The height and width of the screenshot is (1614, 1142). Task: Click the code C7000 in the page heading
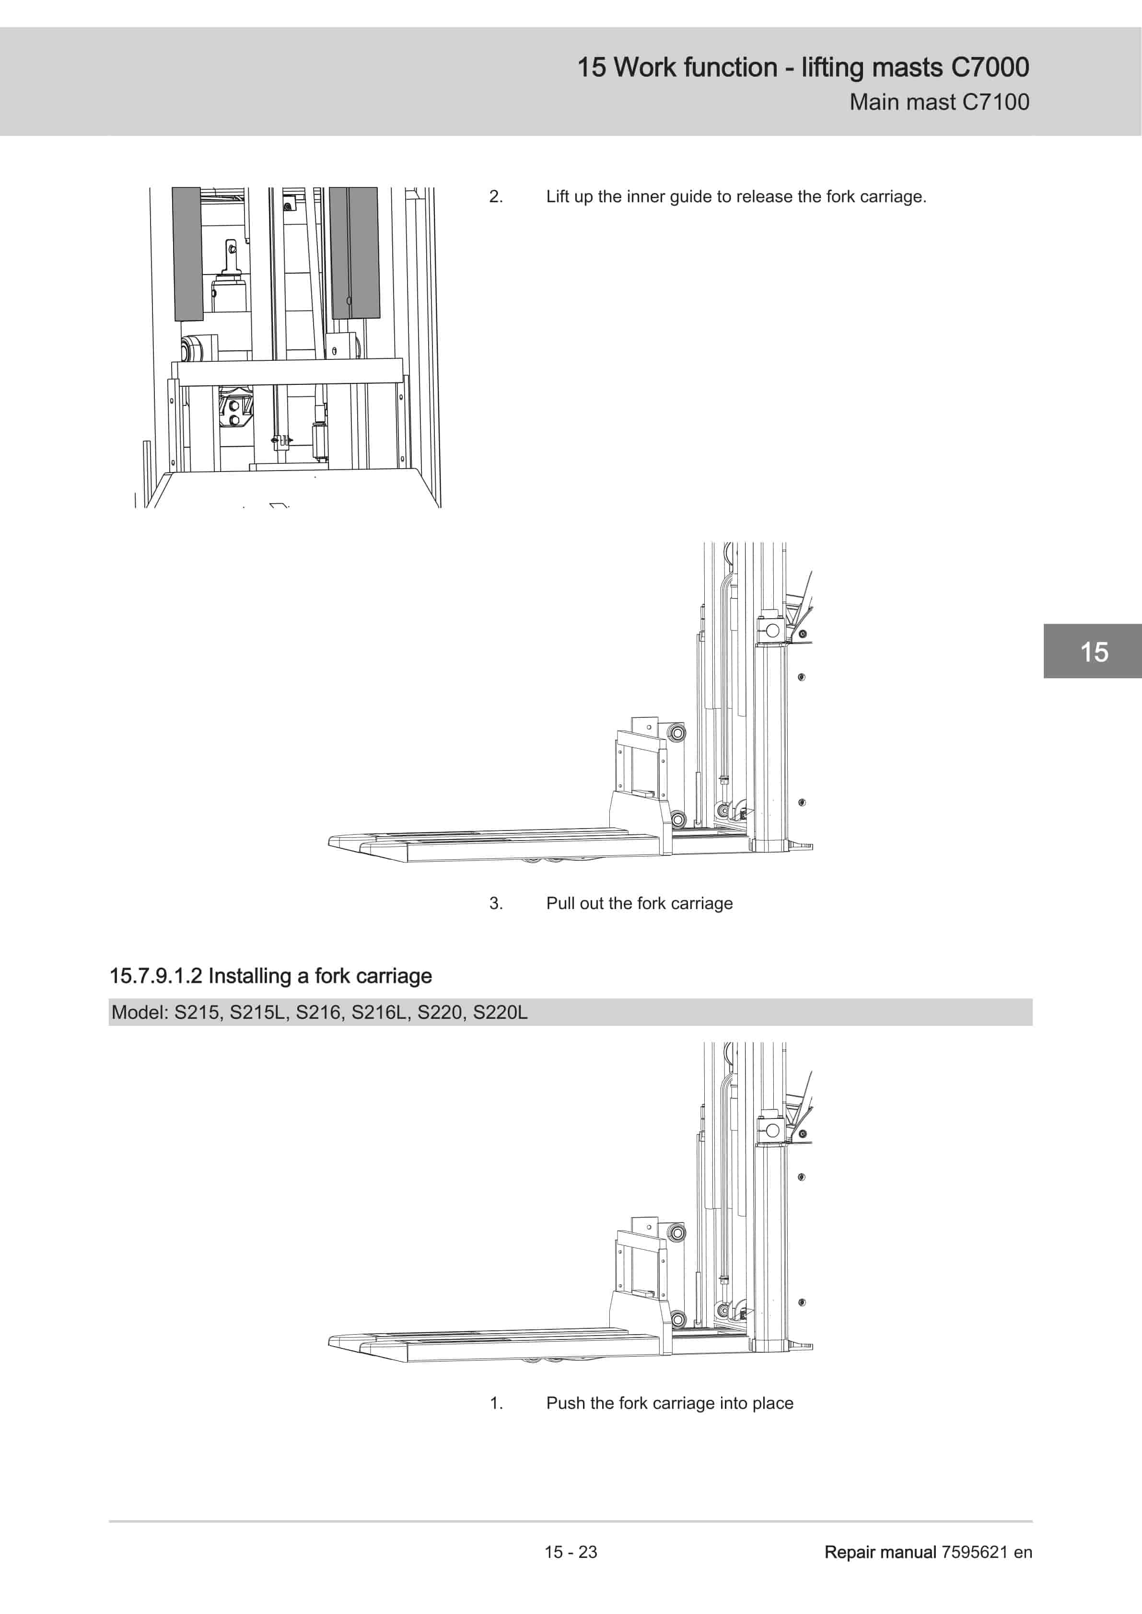(990, 68)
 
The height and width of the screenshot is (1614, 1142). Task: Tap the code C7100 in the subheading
(996, 102)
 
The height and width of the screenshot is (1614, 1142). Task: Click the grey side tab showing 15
(1093, 651)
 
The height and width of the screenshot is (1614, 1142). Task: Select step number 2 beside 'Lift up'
(496, 197)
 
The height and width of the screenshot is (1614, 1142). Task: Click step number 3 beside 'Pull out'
(496, 903)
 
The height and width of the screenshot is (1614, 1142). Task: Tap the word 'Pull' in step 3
(560, 903)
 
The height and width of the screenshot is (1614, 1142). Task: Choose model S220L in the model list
(500, 1012)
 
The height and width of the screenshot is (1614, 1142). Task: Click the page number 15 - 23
(571, 1552)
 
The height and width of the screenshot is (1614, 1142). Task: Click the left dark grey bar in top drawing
(188, 254)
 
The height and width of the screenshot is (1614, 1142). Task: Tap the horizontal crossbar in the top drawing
(290, 372)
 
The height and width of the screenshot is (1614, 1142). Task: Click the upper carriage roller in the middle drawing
(676, 733)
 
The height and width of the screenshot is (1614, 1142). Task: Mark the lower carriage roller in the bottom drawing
(678, 1319)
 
